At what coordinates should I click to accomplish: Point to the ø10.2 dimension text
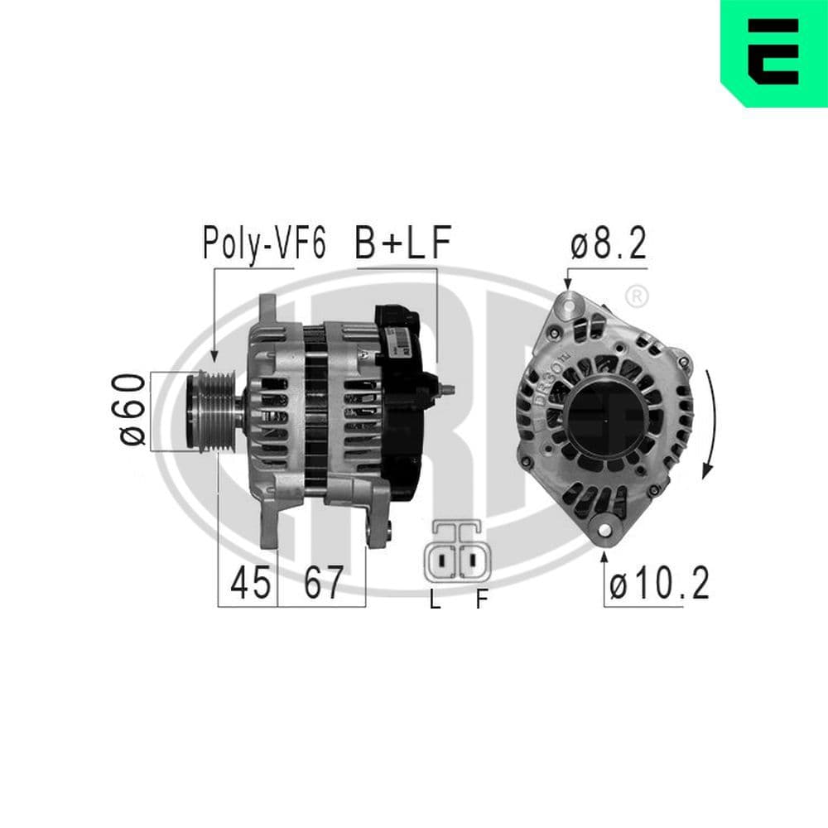(x=659, y=585)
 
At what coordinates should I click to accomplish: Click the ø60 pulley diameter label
(x=132, y=409)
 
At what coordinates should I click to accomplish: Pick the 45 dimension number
(x=251, y=584)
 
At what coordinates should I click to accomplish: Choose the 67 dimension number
(x=322, y=584)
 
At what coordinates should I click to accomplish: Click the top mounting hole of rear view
(x=568, y=306)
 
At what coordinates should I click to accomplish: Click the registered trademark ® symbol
(x=635, y=295)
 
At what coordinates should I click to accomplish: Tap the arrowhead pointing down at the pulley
(x=214, y=356)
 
